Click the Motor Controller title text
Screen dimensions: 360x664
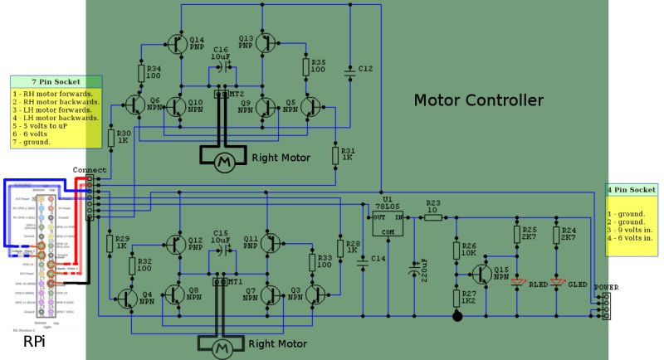[x=478, y=100]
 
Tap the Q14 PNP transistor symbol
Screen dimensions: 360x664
[x=176, y=43]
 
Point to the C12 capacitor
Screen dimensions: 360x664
[x=349, y=72]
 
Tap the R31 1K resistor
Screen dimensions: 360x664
[x=335, y=154]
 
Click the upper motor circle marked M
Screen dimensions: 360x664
[x=222, y=162]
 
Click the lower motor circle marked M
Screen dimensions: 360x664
[x=222, y=350]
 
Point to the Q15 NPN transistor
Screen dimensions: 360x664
[x=481, y=274]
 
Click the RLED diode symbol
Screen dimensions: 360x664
[x=518, y=282]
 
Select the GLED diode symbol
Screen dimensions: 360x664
[x=557, y=282]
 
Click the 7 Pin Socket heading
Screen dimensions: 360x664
[x=55, y=82]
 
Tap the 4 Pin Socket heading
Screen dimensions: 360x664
[x=632, y=190]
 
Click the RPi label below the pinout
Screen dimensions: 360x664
[x=34, y=342]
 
